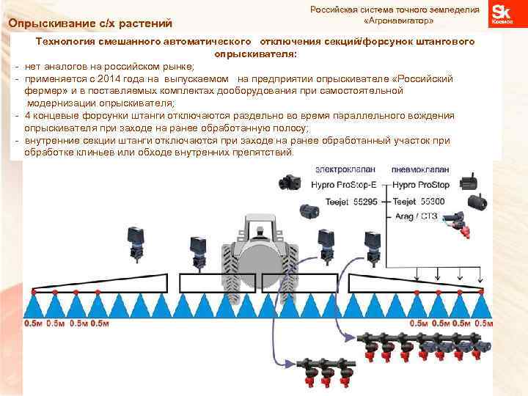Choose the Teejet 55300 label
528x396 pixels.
click(419, 201)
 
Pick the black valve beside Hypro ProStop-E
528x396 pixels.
click(288, 181)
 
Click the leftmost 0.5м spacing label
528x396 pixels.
click(34, 323)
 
